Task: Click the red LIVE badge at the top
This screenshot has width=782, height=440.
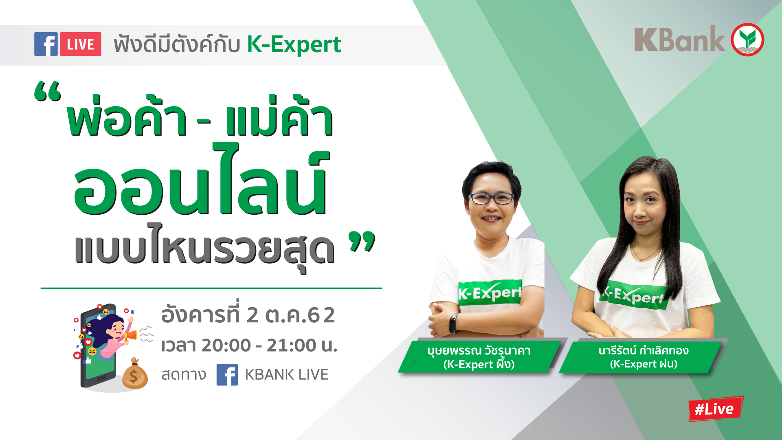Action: pyautogui.click(x=80, y=44)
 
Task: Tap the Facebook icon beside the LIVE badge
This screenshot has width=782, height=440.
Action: pyautogui.click(x=46, y=44)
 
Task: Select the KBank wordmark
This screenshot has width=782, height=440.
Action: pyautogui.click(x=679, y=39)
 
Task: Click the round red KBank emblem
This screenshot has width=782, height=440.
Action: pyautogui.click(x=747, y=40)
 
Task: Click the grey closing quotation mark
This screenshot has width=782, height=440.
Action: pyautogui.click(x=362, y=241)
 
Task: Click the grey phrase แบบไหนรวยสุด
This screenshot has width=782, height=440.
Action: pyautogui.click(x=204, y=246)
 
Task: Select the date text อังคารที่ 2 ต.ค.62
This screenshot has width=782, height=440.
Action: pyautogui.click(x=248, y=314)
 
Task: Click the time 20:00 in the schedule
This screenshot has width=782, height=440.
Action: pyautogui.click(x=226, y=345)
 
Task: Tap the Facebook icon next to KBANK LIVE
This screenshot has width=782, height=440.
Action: pyautogui.click(x=227, y=374)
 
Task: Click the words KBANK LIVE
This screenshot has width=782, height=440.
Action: pyautogui.click(x=286, y=374)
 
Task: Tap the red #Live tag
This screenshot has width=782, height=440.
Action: pyautogui.click(x=716, y=408)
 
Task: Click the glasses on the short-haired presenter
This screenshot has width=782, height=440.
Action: pyautogui.click(x=491, y=199)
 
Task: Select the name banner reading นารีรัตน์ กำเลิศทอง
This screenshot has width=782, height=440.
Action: pyautogui.click(x=643, y=357)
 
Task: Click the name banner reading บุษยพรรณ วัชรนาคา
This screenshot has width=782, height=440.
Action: pyautogui.click(x=479, y=357)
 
